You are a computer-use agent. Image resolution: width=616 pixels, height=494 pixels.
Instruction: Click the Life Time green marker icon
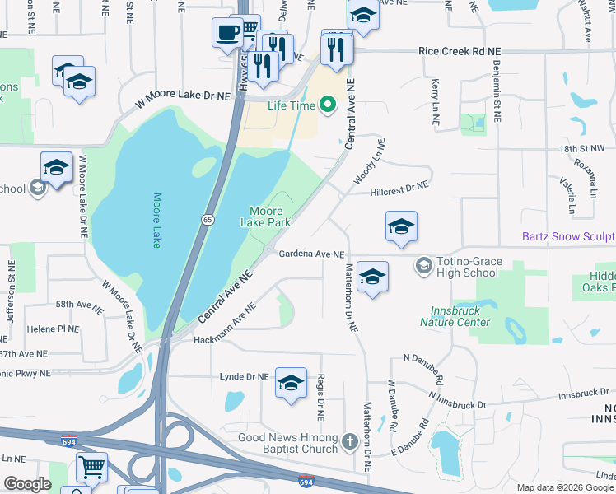pyautogui.click(x=328, y=105)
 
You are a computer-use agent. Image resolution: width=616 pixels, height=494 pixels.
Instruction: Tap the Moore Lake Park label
pyautogui.click(x=265, y=217)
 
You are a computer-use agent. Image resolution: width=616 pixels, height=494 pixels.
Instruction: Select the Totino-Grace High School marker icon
pyautogui.click(x=424, y=264)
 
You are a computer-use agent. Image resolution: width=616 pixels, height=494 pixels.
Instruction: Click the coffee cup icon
pyautogui.click(x=227, y=33)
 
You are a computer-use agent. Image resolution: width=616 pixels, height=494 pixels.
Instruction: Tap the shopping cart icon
pyautogui.click(x=91, y=467)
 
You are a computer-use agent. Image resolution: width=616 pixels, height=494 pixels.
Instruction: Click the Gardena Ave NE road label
pyautogui.click(x=310, y=254)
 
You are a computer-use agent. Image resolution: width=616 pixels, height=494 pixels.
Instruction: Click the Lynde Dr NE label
pyautogui.click(x=245, y=376)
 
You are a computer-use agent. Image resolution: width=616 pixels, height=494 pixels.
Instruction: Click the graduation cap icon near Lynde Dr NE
pyautogui.click(x=291, y=383)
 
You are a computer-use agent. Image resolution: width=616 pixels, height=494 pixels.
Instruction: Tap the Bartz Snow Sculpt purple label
pyautogui.click(x=568, y=236)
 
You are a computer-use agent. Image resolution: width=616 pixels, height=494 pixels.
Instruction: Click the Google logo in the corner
pyautogui.click(x=27, y=484)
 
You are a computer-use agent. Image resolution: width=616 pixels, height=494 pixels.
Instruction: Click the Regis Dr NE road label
pyautogui.click(x=320, y=398)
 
